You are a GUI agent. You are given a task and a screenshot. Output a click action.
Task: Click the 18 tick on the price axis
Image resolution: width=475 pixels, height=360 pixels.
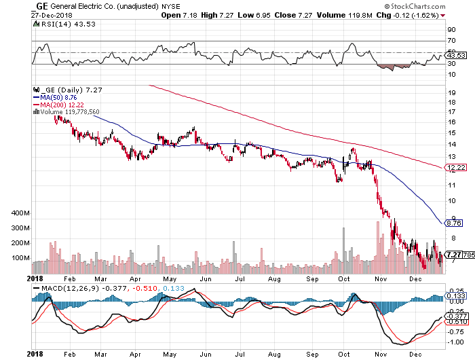tap(451, 99)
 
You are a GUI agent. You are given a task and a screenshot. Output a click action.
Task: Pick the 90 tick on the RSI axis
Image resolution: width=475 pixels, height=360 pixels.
tap(450, 30)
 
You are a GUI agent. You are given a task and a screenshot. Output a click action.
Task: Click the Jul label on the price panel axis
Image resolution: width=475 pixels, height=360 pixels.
tap(239, 278)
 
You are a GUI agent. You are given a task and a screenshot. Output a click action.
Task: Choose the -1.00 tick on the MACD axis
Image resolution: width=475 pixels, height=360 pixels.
tap(455, 342)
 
